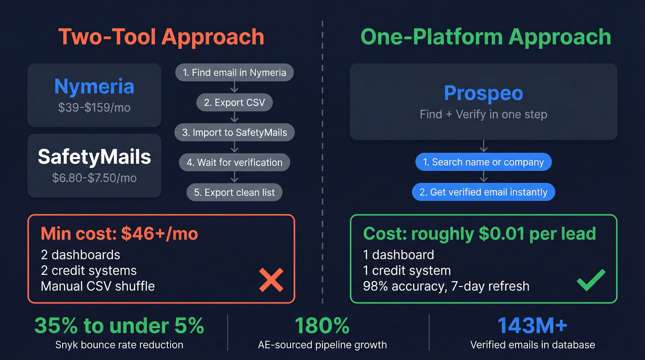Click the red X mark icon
pos(271,280)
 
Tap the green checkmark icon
pos(591,280)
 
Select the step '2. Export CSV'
pos(235,102)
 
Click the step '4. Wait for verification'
pos(235,162)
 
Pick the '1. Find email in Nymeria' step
pos(235,72)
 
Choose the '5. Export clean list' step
pos(235,192)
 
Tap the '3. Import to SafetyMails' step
pos(235,132)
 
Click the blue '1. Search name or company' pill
pos(483,162)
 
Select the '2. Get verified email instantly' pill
pos(483,192)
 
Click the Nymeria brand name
pos(94,86)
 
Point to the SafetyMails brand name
pos(94,157)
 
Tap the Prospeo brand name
pos(483,93)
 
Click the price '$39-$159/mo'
pos(94,108)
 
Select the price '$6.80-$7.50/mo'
pos(94,178)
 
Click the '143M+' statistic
pos(532,326)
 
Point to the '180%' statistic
pos(322,326)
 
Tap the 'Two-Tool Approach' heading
pos(161,37)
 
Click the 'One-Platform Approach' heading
pos(486,37)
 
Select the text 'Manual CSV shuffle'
pos(98,286)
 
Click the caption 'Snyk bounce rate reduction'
pos(119,345)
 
